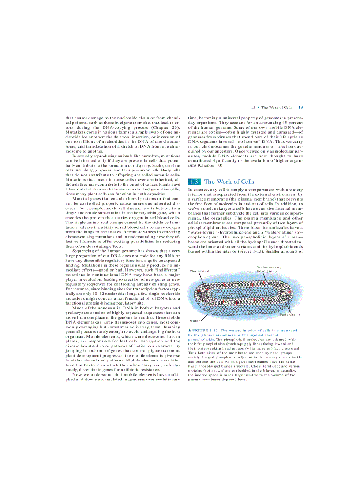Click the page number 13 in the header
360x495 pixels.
300,107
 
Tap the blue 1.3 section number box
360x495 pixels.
194,182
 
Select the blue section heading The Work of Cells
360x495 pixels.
229,182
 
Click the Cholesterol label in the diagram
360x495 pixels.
199,271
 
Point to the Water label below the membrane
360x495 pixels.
195,320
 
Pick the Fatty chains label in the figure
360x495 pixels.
290,314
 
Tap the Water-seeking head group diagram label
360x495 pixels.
269,269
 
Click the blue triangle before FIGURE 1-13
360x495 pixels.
190,330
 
